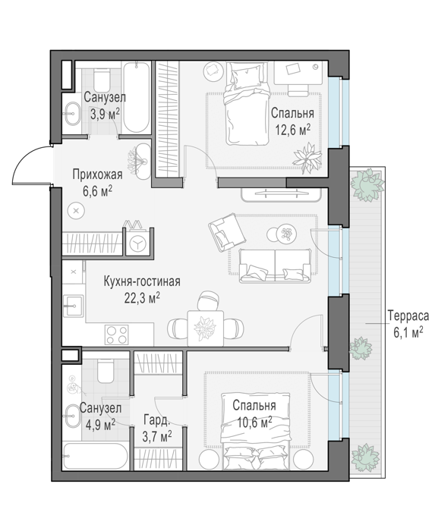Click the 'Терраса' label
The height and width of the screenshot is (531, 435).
pyautogui.click(x=408, y=316)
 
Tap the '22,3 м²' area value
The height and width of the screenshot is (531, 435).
pyautogui.click(x=142, y=299)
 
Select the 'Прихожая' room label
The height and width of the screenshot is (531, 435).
pyautogui.click(x=97, y=174)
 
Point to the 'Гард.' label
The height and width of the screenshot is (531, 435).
pyautogui.click(x=156, y=419)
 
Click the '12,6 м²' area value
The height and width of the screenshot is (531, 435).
pyautogui.click(x=293, y=130)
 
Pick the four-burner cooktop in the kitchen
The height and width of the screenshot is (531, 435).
pyautogui.click(x=117, y=335)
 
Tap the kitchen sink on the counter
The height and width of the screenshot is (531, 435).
pyautogui.click(x=73, y=306)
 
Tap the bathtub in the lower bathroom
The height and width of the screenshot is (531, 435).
pyautogui.click(x=96, y=456)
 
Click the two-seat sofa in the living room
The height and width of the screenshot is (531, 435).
pyautogui.click(x=275, y=265)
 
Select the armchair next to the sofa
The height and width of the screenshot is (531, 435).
pyautogui.click(x=227, y=232)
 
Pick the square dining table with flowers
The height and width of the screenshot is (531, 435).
pyautogui.click(x=206, y=328)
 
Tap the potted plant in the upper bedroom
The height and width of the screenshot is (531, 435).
pyautogui.click(x=307, y=157)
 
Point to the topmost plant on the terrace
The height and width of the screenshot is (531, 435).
pyautogui.click(x=367, y=185)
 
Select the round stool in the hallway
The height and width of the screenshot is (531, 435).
pyautogui.click(x=76, y=211)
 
